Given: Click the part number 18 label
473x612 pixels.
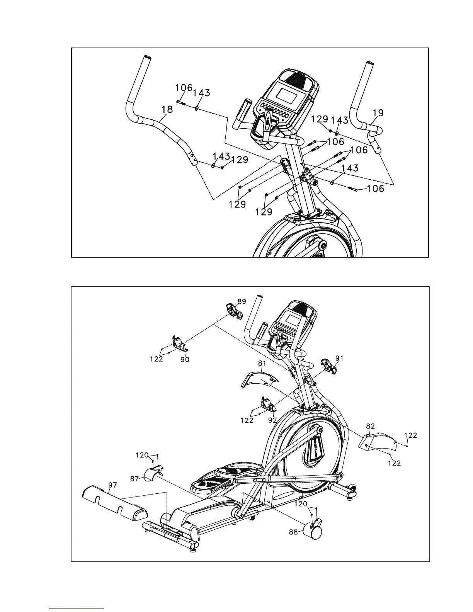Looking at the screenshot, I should click(x=167, y=110).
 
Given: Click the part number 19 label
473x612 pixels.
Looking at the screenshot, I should click(x=378, y=113).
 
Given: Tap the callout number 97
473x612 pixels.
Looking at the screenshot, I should click(x=112, y=485).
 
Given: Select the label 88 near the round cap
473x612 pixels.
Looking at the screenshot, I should click(x=293, y=532).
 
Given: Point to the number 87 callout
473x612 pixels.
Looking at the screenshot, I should click(x=134, y=479).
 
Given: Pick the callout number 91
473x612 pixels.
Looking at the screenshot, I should click(x=340, y=358).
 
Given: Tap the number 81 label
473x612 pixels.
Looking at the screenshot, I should click(x=263, y=364).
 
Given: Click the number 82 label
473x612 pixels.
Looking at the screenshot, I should click(x=371, y=426).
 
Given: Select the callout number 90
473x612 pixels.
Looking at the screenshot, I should click(x=185, y=360).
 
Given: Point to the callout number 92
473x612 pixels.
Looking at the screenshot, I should click(x=273, y=420).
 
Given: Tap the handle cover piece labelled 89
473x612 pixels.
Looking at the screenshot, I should click(x=234, y=311).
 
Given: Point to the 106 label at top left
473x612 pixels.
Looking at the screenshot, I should click(x=184, y=88).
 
